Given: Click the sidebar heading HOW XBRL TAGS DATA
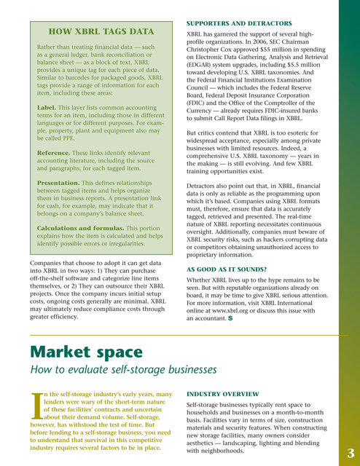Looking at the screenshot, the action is tap(100, 31).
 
